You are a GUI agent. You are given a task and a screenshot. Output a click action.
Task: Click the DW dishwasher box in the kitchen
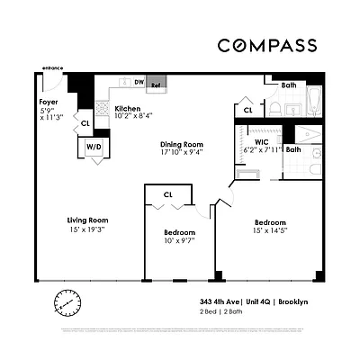pos(139,83)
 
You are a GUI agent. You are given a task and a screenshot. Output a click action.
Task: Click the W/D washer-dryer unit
pos(94,146)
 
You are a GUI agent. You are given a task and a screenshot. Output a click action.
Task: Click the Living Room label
pos(87,220)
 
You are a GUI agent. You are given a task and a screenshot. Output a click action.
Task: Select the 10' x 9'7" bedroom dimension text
pos(178,240)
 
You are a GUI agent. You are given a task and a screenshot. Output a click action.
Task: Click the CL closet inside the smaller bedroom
pos(168,194)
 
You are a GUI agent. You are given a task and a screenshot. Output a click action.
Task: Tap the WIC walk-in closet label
pos(261,141)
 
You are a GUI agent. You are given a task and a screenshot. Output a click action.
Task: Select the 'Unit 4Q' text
pos(265,301)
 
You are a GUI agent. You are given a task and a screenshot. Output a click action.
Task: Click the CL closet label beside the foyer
pos(85,123)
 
